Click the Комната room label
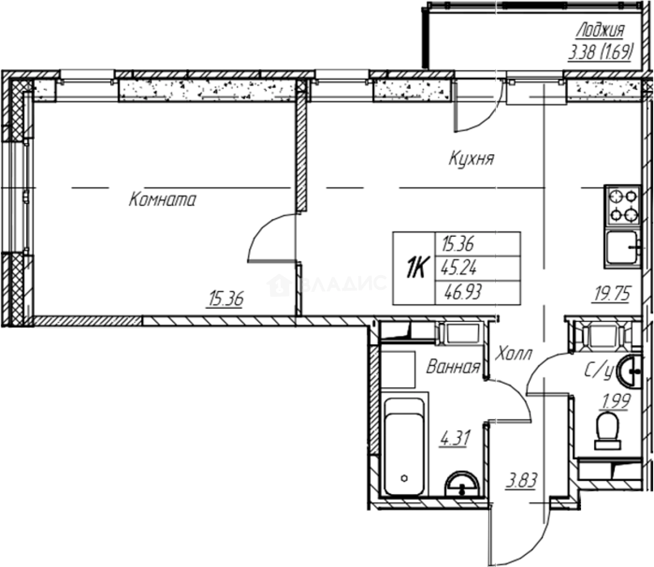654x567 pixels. tap(162, 199)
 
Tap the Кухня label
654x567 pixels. tap(471, 159)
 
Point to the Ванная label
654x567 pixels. tap(453, 366)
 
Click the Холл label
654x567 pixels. tap(513, 353)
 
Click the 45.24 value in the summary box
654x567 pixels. tap(459, 269)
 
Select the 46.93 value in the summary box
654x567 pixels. tap(461, 292)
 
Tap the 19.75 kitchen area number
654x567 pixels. tap(611, 294)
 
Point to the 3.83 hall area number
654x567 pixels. tap(521, 480)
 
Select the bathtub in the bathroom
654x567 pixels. tap(404, 447)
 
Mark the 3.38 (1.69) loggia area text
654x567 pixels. tap(600, 52)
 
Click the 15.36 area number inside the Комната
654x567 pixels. tap(225, 300)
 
